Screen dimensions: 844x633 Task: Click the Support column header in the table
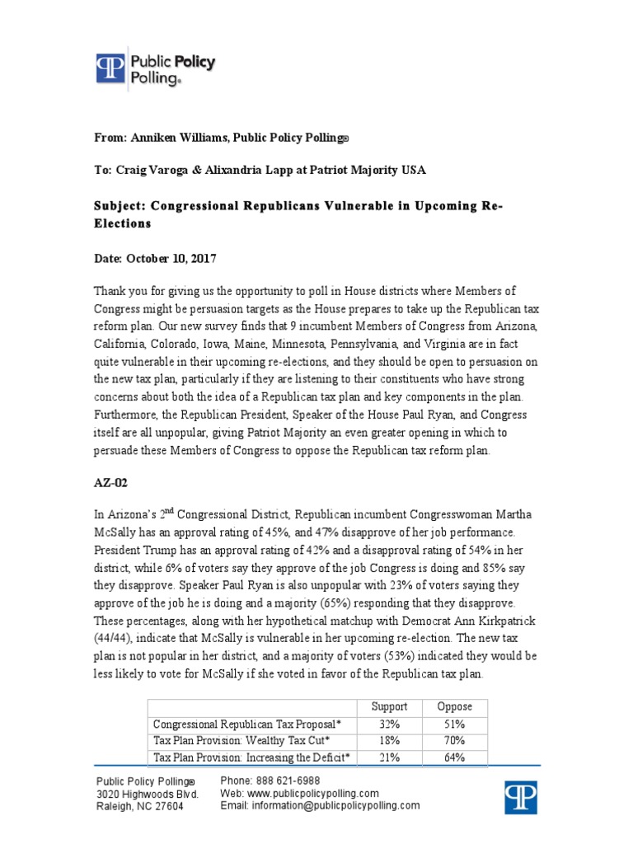[389, 706]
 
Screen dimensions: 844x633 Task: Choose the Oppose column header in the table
[454, 706]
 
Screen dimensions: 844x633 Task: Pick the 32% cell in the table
[389, 723]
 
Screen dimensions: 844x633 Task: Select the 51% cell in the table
[454, 723]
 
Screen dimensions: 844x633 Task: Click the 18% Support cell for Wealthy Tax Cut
[389, 740]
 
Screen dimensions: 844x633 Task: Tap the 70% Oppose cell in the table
[454, 740]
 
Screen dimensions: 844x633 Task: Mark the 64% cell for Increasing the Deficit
[454, 757]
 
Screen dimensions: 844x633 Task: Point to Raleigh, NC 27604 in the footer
[140, 807]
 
